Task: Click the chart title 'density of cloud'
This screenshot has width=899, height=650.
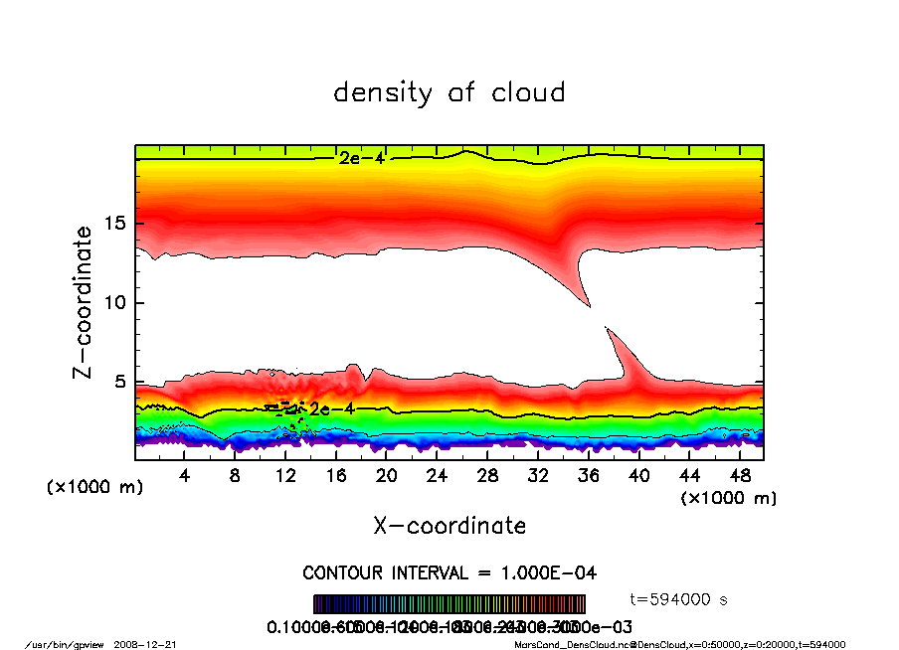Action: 449,93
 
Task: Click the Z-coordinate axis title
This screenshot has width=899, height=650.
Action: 84,301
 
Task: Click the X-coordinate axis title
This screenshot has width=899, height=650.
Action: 449,526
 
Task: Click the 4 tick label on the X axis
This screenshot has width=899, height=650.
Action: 185,476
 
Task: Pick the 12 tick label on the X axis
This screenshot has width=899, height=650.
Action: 285,476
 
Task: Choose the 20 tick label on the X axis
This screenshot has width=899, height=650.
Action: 387,476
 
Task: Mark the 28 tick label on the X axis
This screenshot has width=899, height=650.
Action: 487,476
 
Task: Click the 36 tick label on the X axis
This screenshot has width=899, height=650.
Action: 589,476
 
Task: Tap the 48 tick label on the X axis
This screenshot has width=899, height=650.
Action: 740,476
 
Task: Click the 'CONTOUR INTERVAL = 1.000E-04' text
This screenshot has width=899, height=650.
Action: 449,573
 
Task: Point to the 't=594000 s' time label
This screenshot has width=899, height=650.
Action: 682,598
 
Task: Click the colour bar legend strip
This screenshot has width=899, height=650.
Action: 449,604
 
